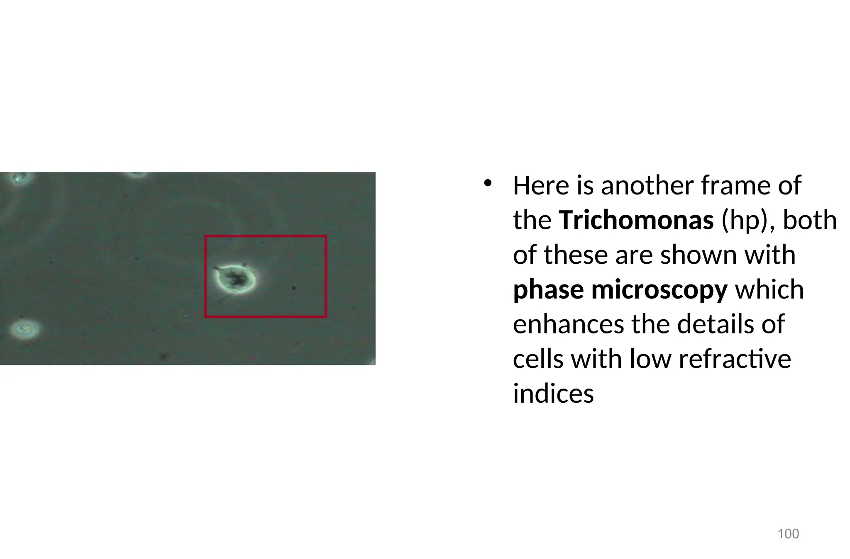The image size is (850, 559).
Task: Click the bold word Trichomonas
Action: click(636, 220)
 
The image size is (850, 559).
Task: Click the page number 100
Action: click(788, 534)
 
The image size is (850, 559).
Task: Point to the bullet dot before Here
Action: click(487, 183)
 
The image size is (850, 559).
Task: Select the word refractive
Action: click(735, 359)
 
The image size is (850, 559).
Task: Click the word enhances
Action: click(568, 324)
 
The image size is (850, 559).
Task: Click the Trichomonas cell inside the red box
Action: click(235, 279)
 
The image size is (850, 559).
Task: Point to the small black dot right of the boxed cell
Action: click(294, 287)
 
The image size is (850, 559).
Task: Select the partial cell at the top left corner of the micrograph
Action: click(19, 178)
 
